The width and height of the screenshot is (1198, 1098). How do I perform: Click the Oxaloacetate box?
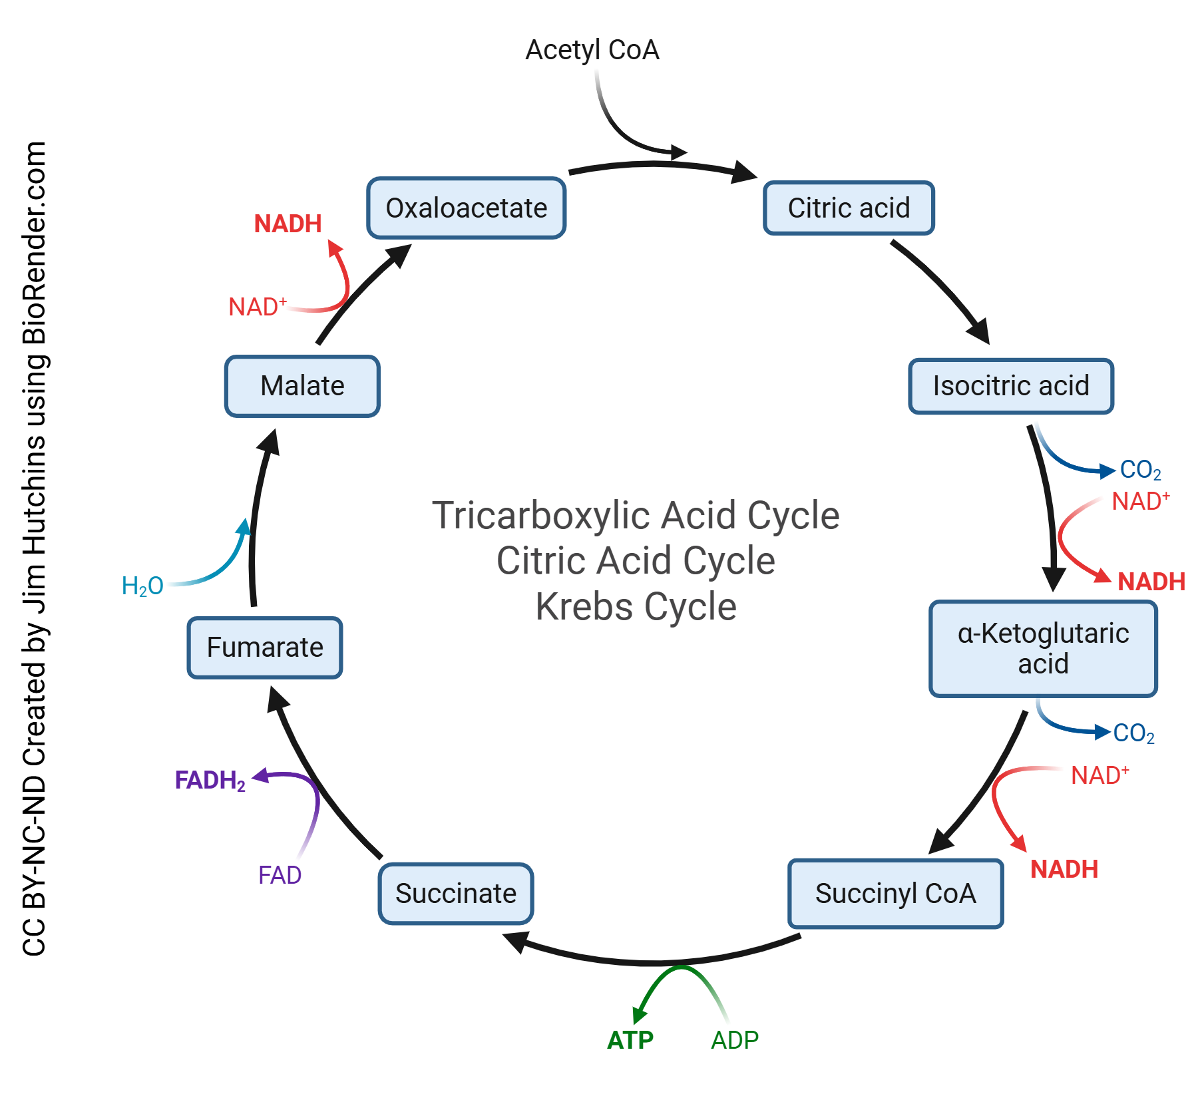(466, 208)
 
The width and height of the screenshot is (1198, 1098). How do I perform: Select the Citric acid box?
(849, 208)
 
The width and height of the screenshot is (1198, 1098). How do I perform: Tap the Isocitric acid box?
(1010, 386)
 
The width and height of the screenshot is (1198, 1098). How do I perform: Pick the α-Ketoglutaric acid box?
(1043, 649)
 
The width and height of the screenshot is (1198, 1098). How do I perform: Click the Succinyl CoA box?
(895, 894)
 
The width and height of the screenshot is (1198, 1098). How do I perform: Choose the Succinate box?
(456, 894)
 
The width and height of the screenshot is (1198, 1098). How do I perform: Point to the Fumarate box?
(265, 647)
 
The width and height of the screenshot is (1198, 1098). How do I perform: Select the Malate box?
(302, 386)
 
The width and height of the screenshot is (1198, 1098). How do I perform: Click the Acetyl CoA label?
(592, 50)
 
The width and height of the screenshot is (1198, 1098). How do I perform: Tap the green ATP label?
(630, 1040)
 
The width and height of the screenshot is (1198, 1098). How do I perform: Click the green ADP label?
(734, 1040)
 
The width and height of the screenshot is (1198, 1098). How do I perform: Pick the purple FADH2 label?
(210, 780)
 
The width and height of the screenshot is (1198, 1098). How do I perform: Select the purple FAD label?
(280, 875)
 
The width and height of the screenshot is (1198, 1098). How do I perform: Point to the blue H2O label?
(142, 586)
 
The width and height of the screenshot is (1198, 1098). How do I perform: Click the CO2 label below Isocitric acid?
(1140, 470)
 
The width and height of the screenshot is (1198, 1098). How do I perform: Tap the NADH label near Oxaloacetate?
(288, 224)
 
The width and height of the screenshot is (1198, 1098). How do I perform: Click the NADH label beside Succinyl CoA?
(1064, 869)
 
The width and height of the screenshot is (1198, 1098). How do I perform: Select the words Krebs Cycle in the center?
(636, 607)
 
